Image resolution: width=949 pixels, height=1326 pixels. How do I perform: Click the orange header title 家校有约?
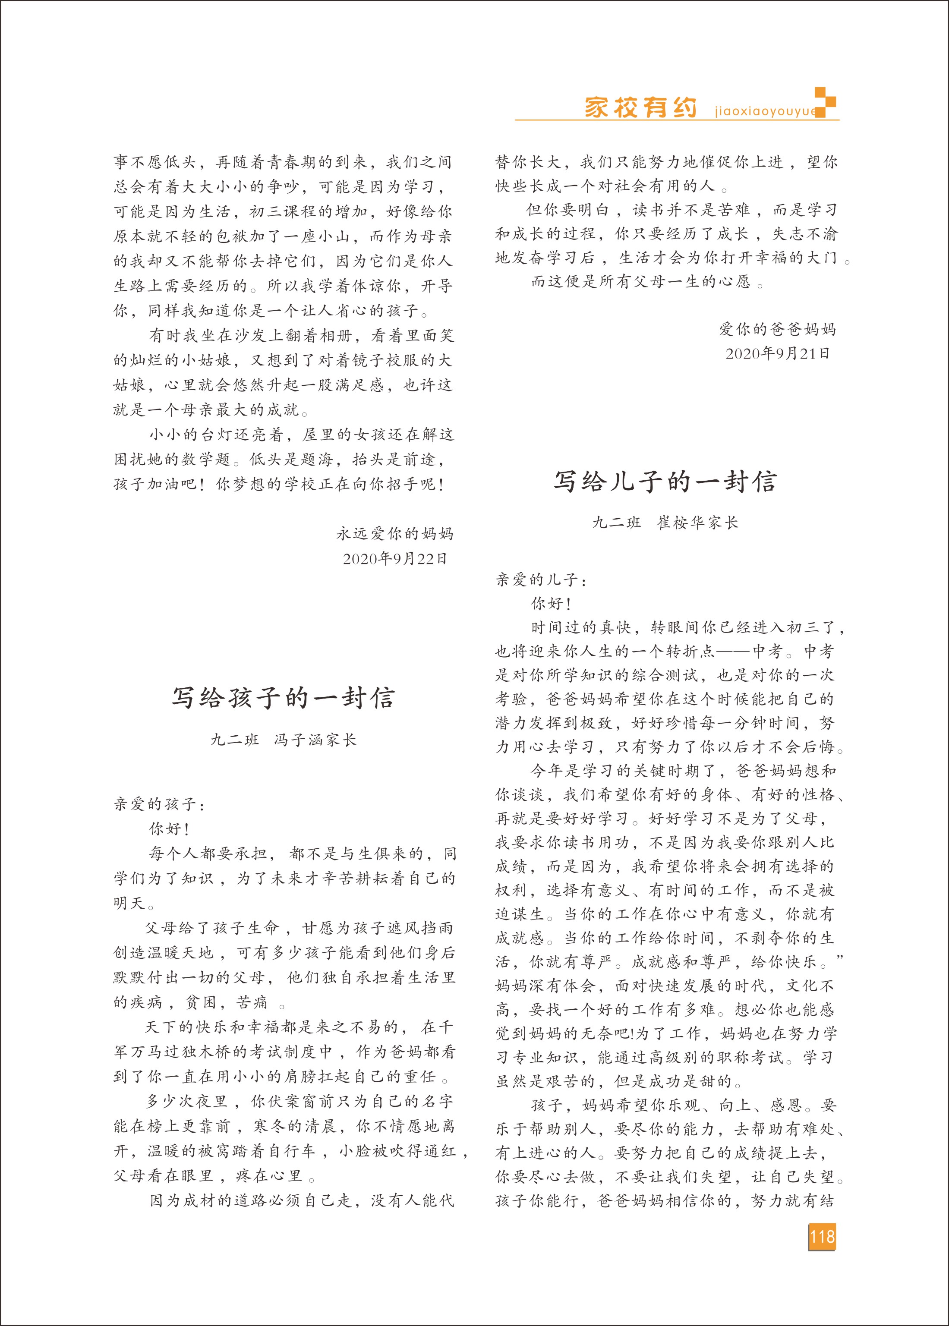click(640, 107)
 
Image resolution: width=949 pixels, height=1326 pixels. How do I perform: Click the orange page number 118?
click(822, 1237)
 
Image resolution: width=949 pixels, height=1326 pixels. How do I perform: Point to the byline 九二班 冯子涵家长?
click(284, 740)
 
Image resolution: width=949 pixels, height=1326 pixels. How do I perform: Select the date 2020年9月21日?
click(777, 353)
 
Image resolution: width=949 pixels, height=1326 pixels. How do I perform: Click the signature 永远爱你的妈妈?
click(395, 533)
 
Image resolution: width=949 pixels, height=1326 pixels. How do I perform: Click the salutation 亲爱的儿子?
click(541, 580)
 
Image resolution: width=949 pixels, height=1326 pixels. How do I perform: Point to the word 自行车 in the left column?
click(291, 1151)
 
